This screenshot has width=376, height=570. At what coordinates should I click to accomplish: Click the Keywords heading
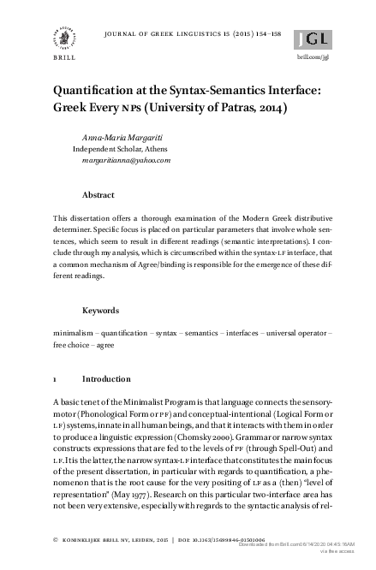coord(100,310)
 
